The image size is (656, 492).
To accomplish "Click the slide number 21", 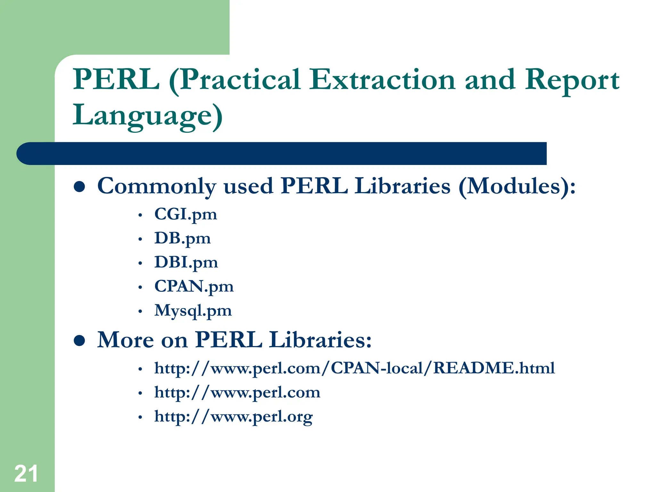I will tap(26, 473).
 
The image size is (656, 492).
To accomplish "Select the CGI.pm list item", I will tap(185, 214).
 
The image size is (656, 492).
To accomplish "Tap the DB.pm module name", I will tap(182, 238).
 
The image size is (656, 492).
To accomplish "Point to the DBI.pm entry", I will tap(186, 262).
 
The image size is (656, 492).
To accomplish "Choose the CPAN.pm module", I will tap(194, 286).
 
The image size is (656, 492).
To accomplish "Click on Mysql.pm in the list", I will tap(193, 310).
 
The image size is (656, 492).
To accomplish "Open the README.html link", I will tap(354, 368).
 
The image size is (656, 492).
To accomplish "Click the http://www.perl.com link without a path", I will tap(237, 392).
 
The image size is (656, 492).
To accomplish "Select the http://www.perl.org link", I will tap(233, 416).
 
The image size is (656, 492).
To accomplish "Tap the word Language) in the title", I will tap(147, 115).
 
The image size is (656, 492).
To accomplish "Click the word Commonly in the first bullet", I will tap(157, 186).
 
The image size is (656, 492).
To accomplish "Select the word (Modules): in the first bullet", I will tap(517, 186).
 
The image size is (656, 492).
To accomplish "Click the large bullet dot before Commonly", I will tap(79, 187).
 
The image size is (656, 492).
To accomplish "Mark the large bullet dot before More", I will tap(79, 341).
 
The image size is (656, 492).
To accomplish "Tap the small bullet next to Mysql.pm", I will tap(140, 311).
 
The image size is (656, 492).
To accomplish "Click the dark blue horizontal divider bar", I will tap(282, 153).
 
